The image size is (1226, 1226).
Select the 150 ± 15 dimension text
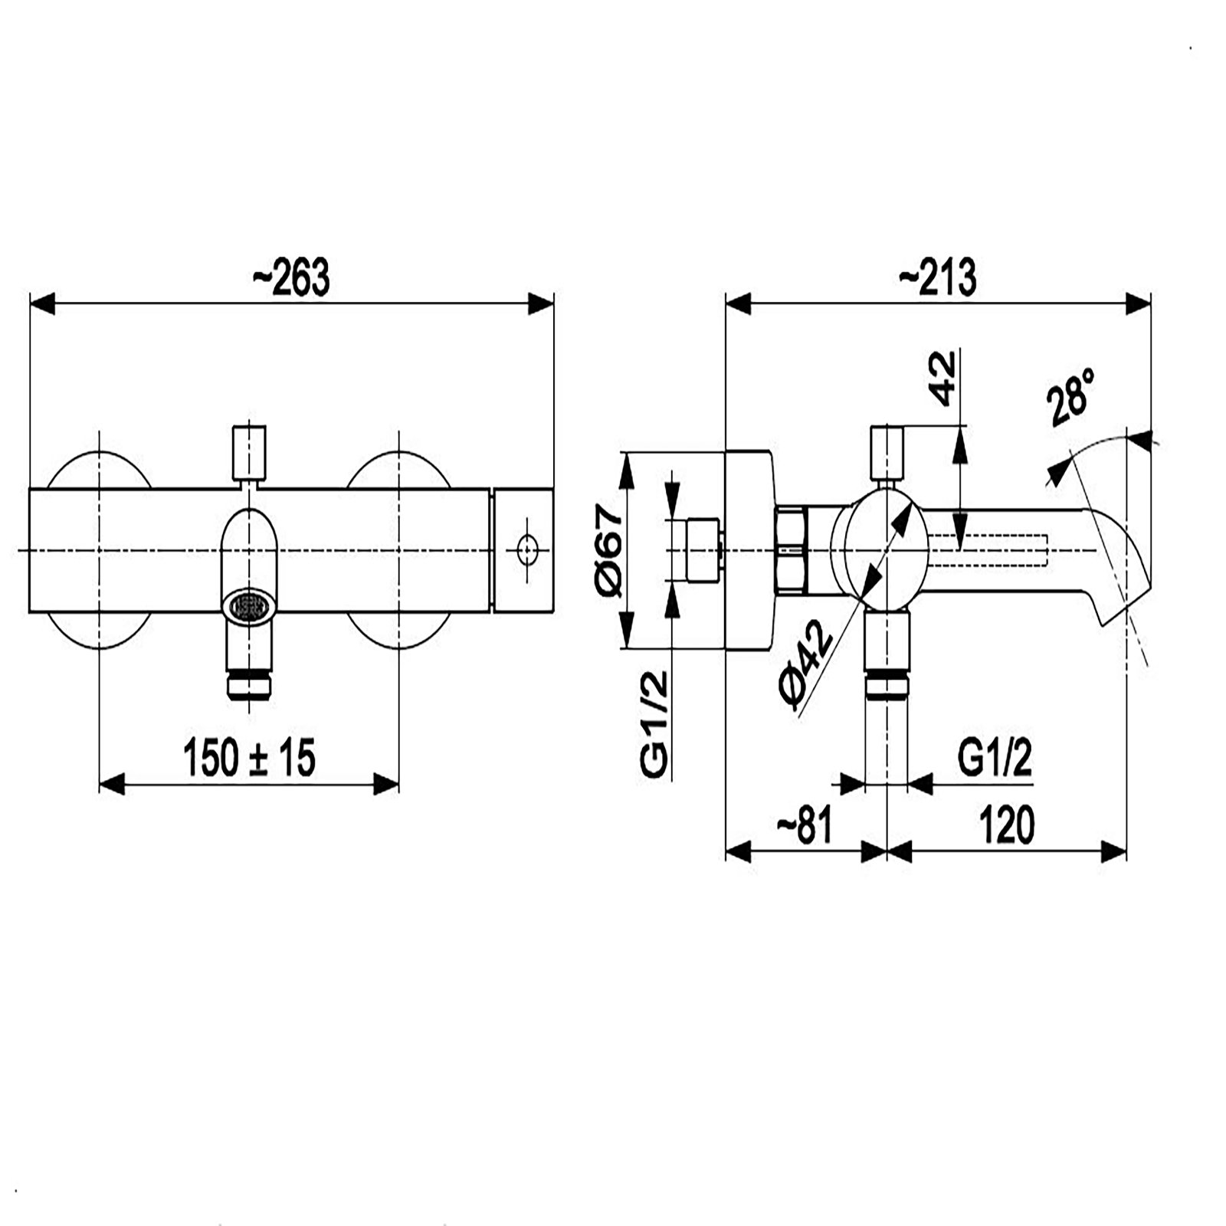(250, 758)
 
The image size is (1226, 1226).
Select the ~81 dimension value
(804, 826)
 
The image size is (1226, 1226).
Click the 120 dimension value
(1006, 826)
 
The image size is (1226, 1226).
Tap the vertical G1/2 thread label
(655, 724)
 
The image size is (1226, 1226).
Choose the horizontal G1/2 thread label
(995, 759)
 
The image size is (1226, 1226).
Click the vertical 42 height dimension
(944, 378)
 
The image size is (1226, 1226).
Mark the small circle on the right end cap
(526, 550)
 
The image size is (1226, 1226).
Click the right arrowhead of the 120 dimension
(1115, 851)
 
